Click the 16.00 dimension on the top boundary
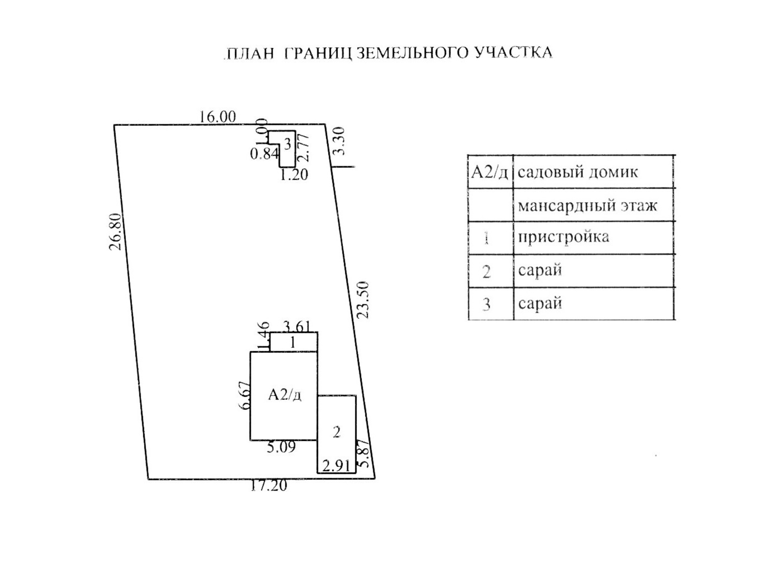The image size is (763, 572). [217, 117]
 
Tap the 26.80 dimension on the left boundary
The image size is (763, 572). [116, 231]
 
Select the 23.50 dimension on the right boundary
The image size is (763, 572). [363, 300]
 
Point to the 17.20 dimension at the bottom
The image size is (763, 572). [269, 485]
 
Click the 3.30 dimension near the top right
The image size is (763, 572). [339, 141]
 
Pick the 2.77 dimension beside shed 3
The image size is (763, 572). [304, 147]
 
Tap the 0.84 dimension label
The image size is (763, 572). [264, 154]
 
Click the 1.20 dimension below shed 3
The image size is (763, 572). [294, 175]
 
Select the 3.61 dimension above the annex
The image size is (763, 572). [297, 327]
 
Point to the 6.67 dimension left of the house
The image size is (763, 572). [245, 395]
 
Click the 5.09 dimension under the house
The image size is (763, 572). [281, 447]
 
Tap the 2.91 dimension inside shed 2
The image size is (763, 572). [336, 466]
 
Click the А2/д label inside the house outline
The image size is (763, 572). [285, 395]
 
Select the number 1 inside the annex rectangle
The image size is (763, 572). [293, 342]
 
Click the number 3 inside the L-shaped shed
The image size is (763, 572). [288, 144]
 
